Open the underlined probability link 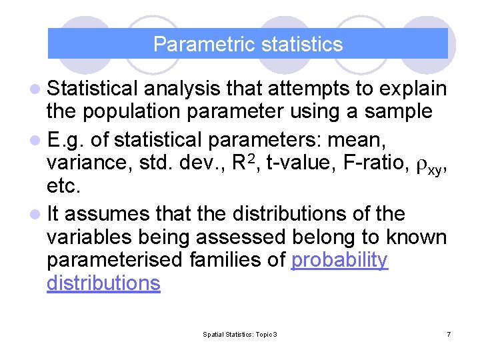pyautogui.click(x=340, y=261)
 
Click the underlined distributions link pyautogui.click(x=103, y=283)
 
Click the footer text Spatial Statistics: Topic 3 pyautogui.click(x=240, y=333)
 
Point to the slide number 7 pyautogui.click(x=449, y=333)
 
